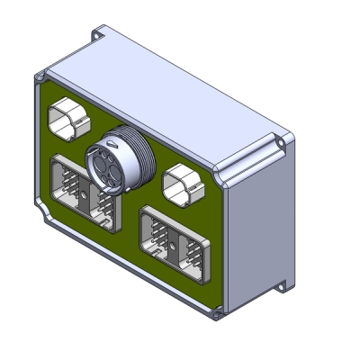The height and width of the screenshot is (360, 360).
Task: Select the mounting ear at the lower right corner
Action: (x=283, y=286)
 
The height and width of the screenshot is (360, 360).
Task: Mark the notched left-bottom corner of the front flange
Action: (x=43, y=215)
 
